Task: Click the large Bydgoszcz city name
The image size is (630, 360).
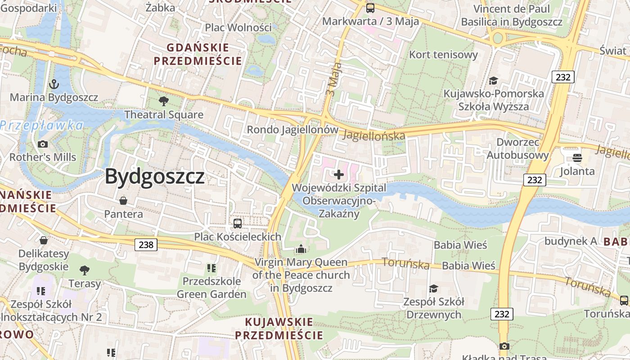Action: [155, 176]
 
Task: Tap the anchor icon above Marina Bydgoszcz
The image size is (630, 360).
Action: [54, 84]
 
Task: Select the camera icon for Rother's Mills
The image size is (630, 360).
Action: [43, 144]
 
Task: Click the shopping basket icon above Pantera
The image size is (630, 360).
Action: [123, 200]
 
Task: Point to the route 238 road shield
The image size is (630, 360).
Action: [146, 245]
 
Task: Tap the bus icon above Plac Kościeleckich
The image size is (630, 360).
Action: [237, 223]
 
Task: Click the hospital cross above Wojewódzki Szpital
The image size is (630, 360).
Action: [339, 175]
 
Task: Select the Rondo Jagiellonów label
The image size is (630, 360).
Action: [292, 130]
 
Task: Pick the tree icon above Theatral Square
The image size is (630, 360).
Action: [164, 101]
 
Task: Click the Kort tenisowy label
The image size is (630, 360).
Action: [443, 55]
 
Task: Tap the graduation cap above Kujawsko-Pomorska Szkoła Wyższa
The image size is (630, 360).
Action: [494, 81]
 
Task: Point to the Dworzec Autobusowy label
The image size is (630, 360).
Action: [518, 149]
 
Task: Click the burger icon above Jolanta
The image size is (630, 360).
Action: [577, 157]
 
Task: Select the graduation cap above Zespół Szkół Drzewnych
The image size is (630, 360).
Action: [433, 288]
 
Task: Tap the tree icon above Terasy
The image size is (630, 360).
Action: [84, 270]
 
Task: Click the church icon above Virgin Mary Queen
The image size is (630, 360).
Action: [301, 248]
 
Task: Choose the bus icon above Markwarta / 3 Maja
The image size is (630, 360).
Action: [370, 8]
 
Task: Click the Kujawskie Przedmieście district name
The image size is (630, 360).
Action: [279, 328]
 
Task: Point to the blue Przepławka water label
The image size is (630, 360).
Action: [42, 126]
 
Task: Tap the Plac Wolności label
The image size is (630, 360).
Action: [238, 27]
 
